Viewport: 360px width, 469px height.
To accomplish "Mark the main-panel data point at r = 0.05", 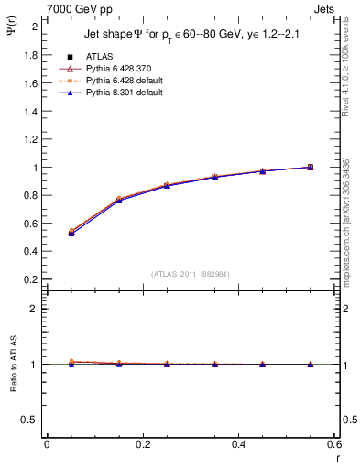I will click(71, 233).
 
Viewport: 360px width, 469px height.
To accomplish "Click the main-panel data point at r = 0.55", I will click(311, 167).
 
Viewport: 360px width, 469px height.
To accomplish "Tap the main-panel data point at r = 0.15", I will click(119, 199).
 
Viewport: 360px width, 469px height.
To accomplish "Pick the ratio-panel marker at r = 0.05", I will click(71, 363).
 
